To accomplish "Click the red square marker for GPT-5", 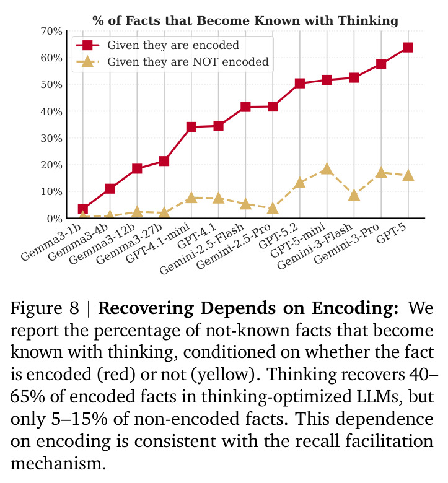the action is click(x=408, y=48).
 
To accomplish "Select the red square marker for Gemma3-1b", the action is click(x=82, y=209).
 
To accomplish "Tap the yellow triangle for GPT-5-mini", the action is click(x=327, y=169).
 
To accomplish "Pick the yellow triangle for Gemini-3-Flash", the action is click(x=354, y=195).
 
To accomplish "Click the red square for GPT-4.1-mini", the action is click(x=191, y=126).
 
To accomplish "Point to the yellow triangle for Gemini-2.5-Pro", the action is click(x=273, y=208).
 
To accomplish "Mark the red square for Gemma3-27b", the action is click(x=164, y=161).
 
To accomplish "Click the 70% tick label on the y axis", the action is click(x=51, y=32).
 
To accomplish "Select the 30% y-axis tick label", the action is click(x=51, y=138).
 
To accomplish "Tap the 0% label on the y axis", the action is click(x=55, y=219).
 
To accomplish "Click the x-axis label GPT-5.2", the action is click(x=278, y=236).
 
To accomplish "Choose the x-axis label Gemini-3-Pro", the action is click(x=346, y=243).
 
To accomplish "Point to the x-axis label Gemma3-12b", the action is click(x=102, y=243).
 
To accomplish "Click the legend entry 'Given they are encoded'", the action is click(x=173, y=45).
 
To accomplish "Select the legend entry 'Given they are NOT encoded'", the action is click(x=188, y=62).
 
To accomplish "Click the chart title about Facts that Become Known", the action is click(x=245, y=20).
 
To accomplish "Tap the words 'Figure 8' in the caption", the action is click(x=45, y=308).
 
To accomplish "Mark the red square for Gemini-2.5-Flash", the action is click(x=245, y=107).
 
